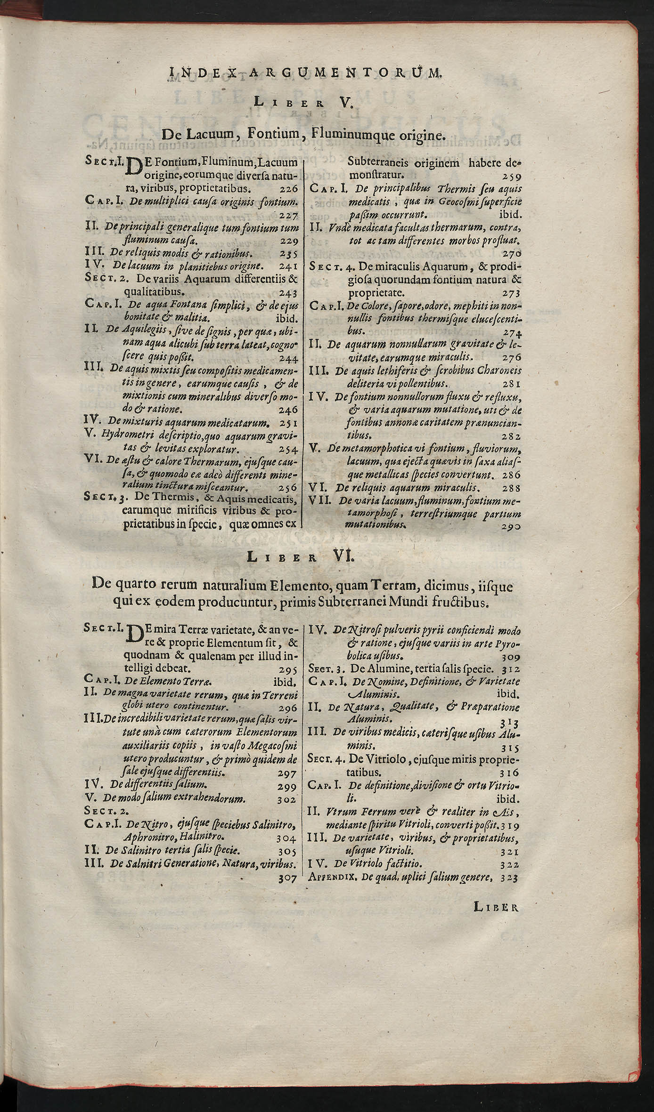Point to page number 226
click(x=287, y=189)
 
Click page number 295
click(x=287, y=670)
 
